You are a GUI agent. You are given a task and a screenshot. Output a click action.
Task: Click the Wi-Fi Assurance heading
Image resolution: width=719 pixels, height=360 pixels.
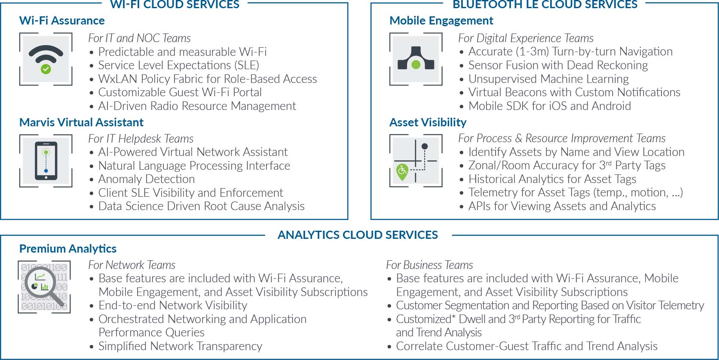[62, 21]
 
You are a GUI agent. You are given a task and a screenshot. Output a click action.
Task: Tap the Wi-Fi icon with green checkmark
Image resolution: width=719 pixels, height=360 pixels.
[46, 59]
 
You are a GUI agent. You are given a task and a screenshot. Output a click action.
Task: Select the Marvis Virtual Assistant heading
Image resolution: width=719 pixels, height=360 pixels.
[81, 122]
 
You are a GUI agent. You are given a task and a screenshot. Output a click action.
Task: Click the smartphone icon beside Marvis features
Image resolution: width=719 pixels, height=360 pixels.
[46, 161]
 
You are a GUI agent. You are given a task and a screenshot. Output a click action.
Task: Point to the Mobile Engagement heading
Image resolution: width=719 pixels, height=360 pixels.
[441, 21]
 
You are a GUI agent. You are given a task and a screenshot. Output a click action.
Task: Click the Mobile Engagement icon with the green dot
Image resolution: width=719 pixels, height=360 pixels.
[416, 59]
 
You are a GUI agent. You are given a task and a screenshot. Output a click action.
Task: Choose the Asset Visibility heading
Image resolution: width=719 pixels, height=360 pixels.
[428, 122]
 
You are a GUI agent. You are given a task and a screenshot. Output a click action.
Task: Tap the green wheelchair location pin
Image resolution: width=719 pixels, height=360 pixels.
[402, 171]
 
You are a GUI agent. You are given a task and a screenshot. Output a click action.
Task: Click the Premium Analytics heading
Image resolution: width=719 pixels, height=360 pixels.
[68, 249]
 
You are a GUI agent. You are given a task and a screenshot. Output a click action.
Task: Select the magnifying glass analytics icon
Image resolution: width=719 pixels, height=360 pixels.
[44, 287]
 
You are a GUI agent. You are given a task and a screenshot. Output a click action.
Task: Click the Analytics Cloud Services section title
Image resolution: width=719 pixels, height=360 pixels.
[358, 235]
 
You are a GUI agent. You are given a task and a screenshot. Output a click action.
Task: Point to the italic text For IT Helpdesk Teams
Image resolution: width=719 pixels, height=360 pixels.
[141, 139]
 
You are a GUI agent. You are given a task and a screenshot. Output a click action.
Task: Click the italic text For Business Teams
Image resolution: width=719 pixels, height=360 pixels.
[429, 265]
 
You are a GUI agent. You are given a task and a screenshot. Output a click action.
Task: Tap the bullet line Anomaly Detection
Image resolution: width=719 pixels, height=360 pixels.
[146, 179]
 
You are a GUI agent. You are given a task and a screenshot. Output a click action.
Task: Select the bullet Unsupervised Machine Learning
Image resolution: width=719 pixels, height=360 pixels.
[548, 79]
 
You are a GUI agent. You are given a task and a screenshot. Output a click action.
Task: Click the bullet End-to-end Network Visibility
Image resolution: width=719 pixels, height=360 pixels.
[173, 305]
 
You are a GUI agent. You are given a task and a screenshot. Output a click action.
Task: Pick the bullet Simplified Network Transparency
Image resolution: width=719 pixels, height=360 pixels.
[180, 346]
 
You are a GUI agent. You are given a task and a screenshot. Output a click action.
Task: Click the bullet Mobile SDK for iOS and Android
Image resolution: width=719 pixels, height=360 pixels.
[550, 106]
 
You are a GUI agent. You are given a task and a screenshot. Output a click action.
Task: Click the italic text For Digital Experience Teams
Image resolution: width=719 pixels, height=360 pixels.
[526, 38]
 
